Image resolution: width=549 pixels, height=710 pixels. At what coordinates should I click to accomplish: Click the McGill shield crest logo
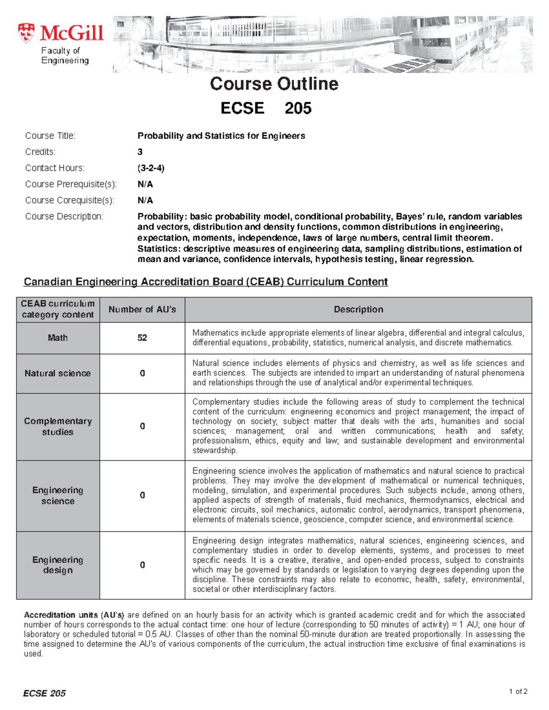coord(26,33)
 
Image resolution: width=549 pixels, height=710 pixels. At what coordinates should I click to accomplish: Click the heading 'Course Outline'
coord(274,84)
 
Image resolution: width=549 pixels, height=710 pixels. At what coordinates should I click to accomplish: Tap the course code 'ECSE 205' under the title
coord(266,108)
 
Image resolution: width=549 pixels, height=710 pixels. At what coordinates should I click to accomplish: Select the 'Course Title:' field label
coord(50,136)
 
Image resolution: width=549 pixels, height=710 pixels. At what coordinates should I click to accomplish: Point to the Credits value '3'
coord(140,152)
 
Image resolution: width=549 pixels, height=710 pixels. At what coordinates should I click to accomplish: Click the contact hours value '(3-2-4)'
coord(151,168)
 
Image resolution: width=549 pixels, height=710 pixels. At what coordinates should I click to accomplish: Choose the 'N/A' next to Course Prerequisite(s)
coord(145,184)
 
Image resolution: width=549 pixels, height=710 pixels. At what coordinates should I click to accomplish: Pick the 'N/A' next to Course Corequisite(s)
coord(145,200)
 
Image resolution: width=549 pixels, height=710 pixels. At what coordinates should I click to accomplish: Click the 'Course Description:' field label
coord(64,216)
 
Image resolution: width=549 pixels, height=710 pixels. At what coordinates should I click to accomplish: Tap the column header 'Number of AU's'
coord(142,310)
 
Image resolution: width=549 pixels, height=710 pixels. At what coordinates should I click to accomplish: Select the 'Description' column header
coord(358,310)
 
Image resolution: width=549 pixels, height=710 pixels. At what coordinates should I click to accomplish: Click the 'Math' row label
coord(58,338)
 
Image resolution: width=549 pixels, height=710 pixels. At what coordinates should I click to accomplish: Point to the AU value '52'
coord(142,338)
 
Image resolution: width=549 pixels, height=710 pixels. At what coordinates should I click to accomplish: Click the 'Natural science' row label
coord(58,374)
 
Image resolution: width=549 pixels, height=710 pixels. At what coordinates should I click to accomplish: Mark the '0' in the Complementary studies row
coord(142,427)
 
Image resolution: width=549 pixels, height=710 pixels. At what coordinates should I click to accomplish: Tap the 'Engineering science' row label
coord(58,496)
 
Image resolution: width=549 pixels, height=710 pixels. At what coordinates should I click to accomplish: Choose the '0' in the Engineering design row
coord(142,565)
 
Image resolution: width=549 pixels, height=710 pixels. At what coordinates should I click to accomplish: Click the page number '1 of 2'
coord(518,691)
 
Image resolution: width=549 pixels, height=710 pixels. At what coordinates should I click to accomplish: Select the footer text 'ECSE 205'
coord(44,694)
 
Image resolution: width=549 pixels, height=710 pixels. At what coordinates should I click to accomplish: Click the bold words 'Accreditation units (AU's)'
coord(74,615)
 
